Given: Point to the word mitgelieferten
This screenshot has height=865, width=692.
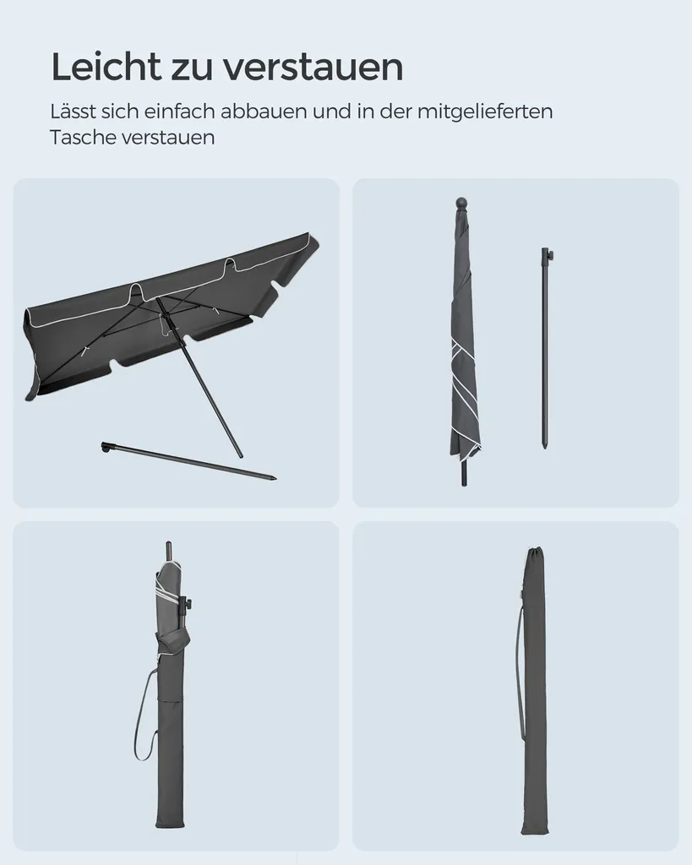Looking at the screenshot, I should coord(484,112).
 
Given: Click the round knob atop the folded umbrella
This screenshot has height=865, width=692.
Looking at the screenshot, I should coord(461,204).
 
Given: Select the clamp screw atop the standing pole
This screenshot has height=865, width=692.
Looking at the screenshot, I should coord(548,253).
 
